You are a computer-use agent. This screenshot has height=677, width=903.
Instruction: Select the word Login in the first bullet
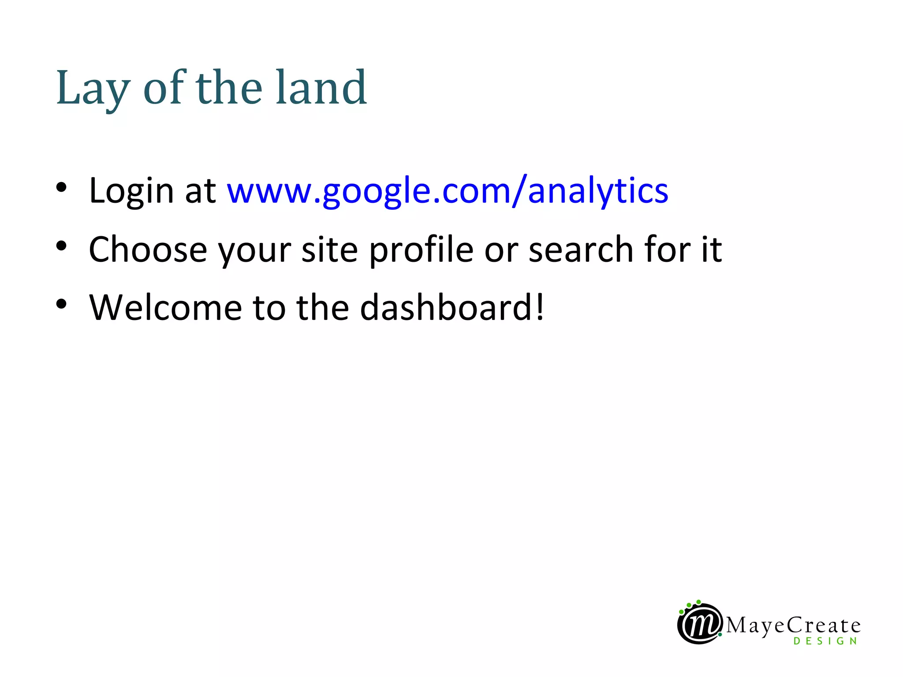tap(131, 191)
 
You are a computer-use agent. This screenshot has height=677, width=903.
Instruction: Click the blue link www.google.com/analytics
tap(447, 191)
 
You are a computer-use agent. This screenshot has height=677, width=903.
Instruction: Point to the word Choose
tap(148, 249)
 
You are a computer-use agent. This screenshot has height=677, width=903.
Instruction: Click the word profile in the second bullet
tap(421, 250)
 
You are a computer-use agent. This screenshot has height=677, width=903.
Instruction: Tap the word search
tap(581, 249)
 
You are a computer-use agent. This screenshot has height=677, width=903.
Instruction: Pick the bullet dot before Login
tap(61, 187)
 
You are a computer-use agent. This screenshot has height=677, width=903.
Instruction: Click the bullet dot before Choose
tap(61, 246)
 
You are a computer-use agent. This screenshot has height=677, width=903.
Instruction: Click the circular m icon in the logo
tap(700, 624)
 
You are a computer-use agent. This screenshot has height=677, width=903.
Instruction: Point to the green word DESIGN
tap(825, 641)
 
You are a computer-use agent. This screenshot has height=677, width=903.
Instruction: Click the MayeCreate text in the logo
tap(793, 625)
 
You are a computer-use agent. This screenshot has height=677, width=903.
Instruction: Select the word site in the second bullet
tap(329, 249)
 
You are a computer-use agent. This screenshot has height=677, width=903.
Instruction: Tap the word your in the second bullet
tap(255, 250)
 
